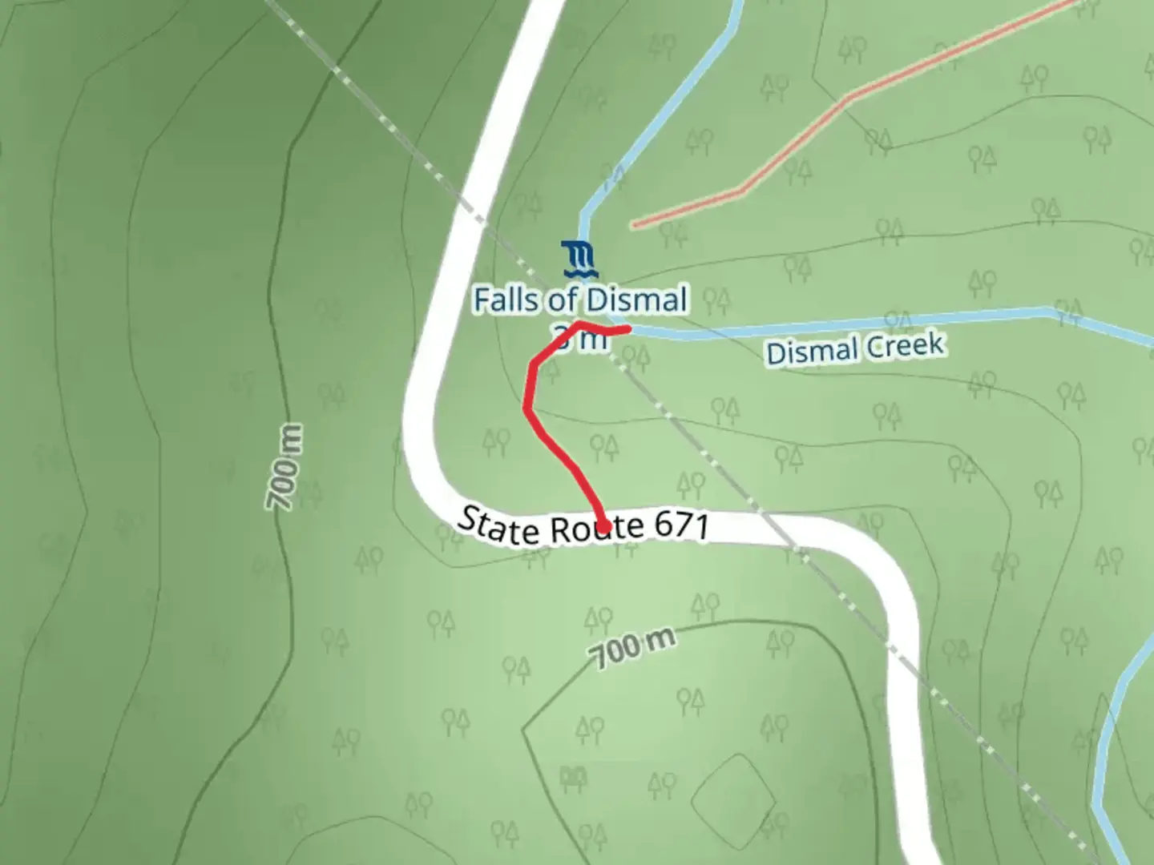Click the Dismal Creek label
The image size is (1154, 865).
[855, 349]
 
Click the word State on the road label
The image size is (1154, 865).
[497, 525]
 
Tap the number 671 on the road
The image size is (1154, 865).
[681, 526]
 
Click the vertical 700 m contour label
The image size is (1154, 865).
[284, 467]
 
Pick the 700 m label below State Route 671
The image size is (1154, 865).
[632, 646]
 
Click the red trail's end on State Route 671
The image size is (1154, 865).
[603, 526]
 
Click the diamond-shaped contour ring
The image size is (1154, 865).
[733, 794]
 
